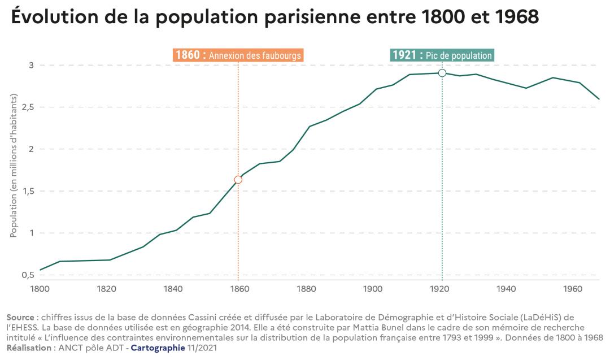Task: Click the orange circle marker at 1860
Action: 238,180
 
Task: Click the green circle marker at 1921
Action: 442,73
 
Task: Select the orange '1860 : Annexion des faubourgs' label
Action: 238,55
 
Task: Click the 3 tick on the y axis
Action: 32,66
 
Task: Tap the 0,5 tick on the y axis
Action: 28,275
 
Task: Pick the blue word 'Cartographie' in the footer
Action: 158,348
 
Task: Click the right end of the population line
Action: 599,99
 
